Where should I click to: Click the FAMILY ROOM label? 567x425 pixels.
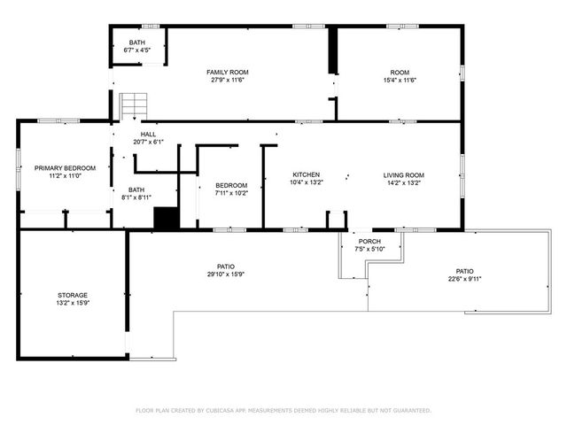coord(228,72)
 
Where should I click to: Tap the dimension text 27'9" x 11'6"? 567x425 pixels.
coord(228,81)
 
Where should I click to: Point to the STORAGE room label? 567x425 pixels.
coord(74,295)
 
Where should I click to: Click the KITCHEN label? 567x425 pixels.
coord(306,175)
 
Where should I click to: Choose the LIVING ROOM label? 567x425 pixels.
coord(403,175)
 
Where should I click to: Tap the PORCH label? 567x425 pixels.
coord(369,241)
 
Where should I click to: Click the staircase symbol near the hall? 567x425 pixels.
coord(134,104)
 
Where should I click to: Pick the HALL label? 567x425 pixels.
coord(148,134)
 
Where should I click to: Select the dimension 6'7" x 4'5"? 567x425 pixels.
coord(137,51)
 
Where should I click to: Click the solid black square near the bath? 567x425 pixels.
coord(167,219)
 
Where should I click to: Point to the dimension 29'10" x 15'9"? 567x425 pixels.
coord(226,274)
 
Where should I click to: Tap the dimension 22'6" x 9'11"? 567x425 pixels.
coord(464,280)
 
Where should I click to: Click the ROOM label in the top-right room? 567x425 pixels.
coord(400,72)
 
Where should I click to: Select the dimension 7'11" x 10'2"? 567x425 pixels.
coord(231,193)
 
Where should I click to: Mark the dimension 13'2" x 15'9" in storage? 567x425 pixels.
coord(74,304)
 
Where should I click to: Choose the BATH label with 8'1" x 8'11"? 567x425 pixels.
coord(136,189)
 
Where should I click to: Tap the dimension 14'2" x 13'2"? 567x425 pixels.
coord(403,184)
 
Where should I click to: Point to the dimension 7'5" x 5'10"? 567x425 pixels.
coord(369,249)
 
